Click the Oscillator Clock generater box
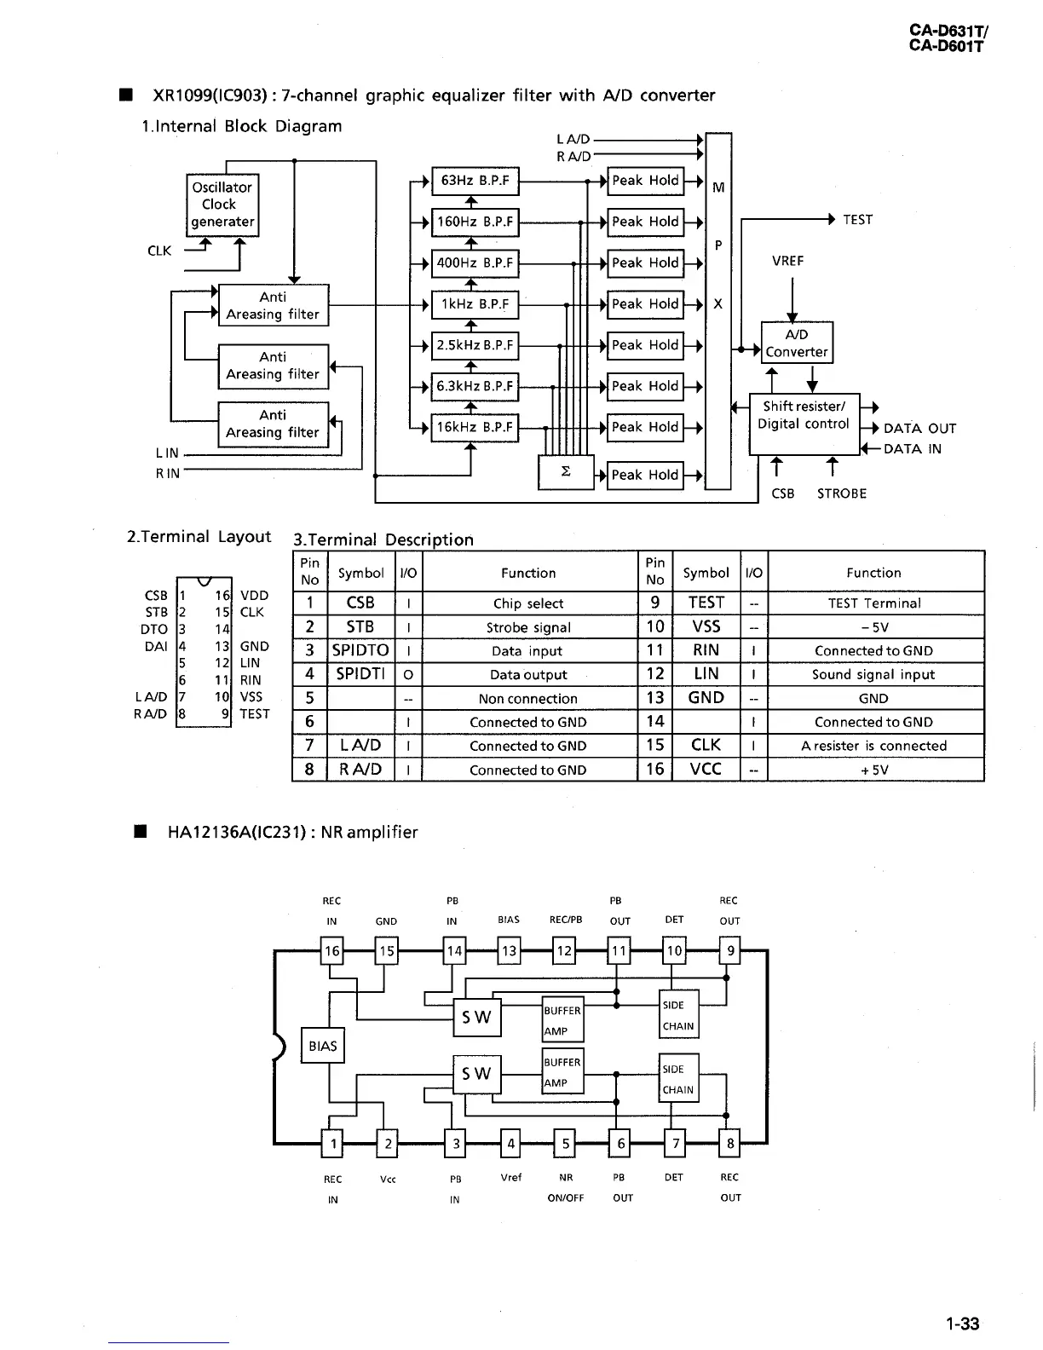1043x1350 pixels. (x=222, y=205)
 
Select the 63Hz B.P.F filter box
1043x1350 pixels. (x=475, y=181)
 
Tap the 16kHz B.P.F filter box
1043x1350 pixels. (x=475, y=427)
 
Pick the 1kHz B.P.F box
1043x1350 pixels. (x=475, y=304)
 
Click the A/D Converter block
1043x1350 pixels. (x=796, y=343)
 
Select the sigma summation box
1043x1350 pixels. (x=565, y=472)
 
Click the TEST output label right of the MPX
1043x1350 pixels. (x=857, y=220)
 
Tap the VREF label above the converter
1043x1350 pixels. (x=787, y=261)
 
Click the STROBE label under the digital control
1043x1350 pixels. (x=841, y=493)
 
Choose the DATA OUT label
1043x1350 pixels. (x=919, y=429)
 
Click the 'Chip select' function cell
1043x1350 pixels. (x=528, y=603)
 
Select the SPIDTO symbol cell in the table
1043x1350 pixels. (x=360, y=650)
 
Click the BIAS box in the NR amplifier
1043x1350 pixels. (x=323, y=1046)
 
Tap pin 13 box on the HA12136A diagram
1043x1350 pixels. (x=509, y=950)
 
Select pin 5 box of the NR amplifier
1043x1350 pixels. (x=565, y=1144)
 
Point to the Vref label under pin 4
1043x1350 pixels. (x=510, y=1177)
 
